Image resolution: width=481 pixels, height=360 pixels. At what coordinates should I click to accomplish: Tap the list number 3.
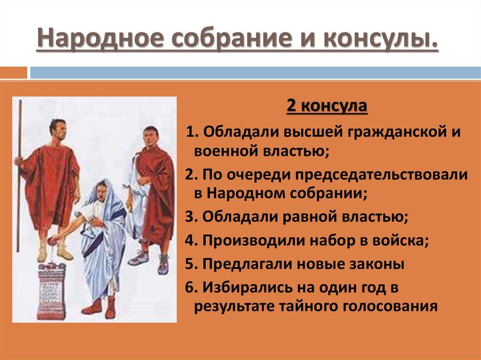point(191,217)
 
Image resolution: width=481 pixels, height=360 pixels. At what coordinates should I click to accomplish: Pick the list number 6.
point(191,287)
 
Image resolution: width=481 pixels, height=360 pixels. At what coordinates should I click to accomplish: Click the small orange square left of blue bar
point(14,73)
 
